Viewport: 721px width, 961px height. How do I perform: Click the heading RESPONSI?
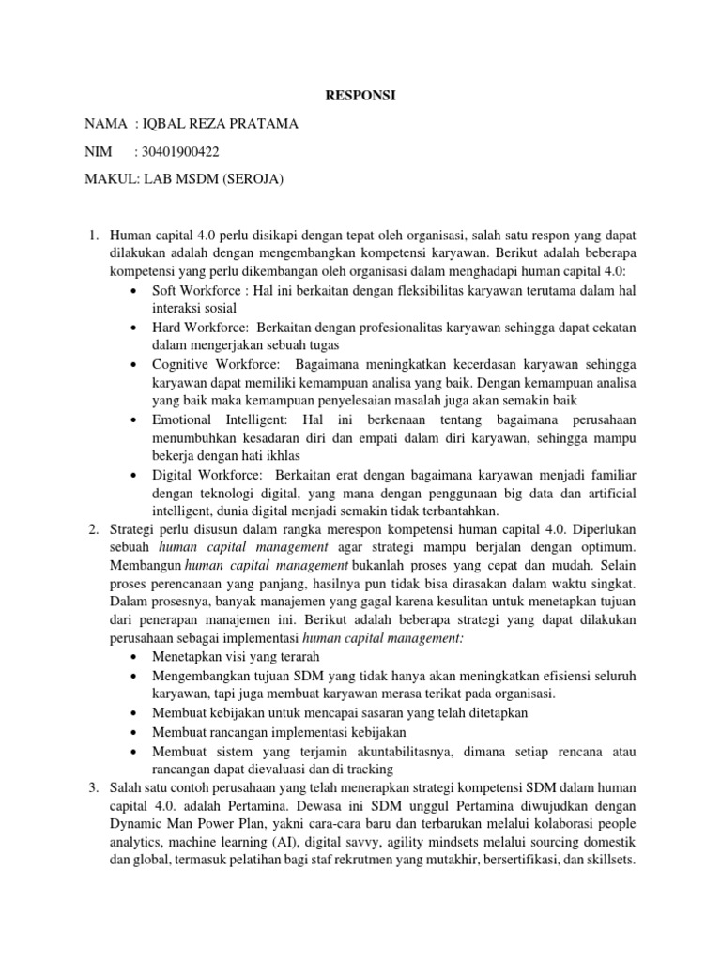tap(360, 96)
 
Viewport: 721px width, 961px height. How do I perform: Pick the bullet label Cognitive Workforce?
tap(215, 362)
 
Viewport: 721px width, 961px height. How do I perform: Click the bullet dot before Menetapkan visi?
tap(138, 655)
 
